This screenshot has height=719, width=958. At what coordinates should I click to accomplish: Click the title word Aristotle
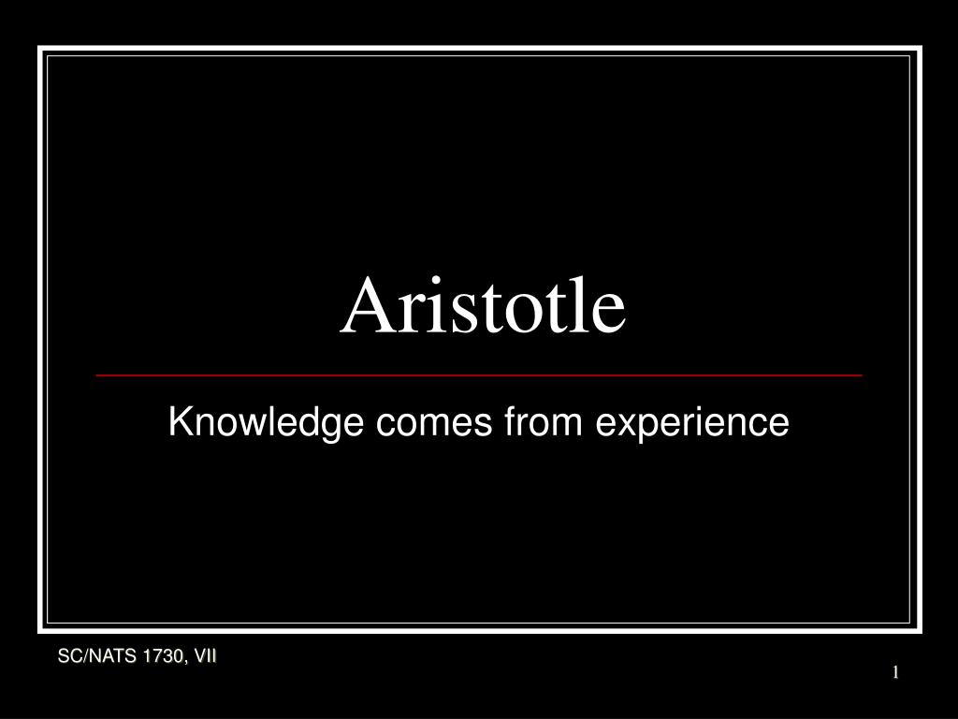click(482, 307)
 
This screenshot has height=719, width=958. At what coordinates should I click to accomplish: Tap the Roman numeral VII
click(205, 657)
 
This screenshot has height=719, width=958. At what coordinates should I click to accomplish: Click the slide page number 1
click(895, 673)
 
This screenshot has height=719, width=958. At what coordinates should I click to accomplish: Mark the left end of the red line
click(96, 374)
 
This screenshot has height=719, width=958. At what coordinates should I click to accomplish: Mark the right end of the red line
click(862, 374)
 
